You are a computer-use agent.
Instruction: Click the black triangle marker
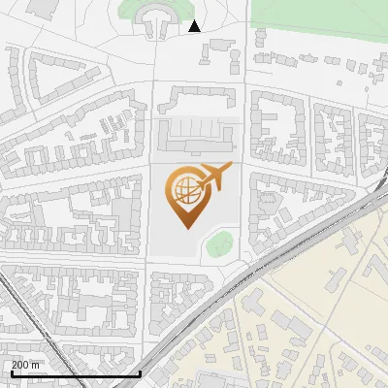tap(195, 26)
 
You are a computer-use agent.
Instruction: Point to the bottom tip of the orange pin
tap(187, 229)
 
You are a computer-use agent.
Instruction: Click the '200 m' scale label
tap(26, 365)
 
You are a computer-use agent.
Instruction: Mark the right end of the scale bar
tap(141, 372)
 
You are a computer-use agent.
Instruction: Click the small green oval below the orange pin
tap(219, 244)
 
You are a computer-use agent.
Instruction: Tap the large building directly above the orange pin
tap(199, 136)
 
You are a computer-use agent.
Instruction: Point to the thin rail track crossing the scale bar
tap(48, 349)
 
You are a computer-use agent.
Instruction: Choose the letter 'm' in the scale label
tap(37, 365)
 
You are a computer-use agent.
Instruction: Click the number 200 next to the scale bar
tap(20, 365)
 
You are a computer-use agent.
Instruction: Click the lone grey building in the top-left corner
tap(42, 8)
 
